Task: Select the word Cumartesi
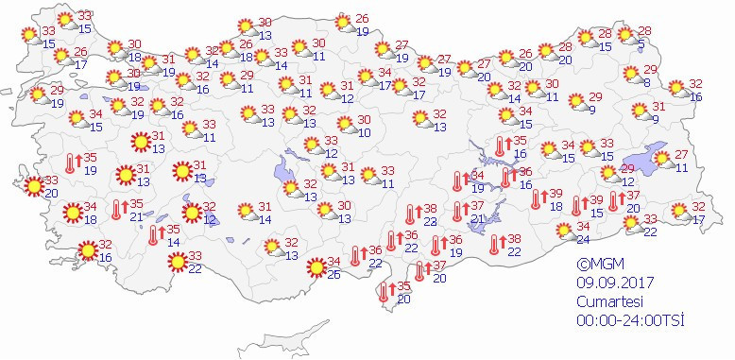[x=610, y=300]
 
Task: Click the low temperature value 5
[x=641, y=45]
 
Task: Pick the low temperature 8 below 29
[x=646, y=83]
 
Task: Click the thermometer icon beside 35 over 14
[x=154, y=236]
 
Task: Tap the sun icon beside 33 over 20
[x=32, y=186]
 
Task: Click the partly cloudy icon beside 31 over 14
[x=246, y=213]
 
